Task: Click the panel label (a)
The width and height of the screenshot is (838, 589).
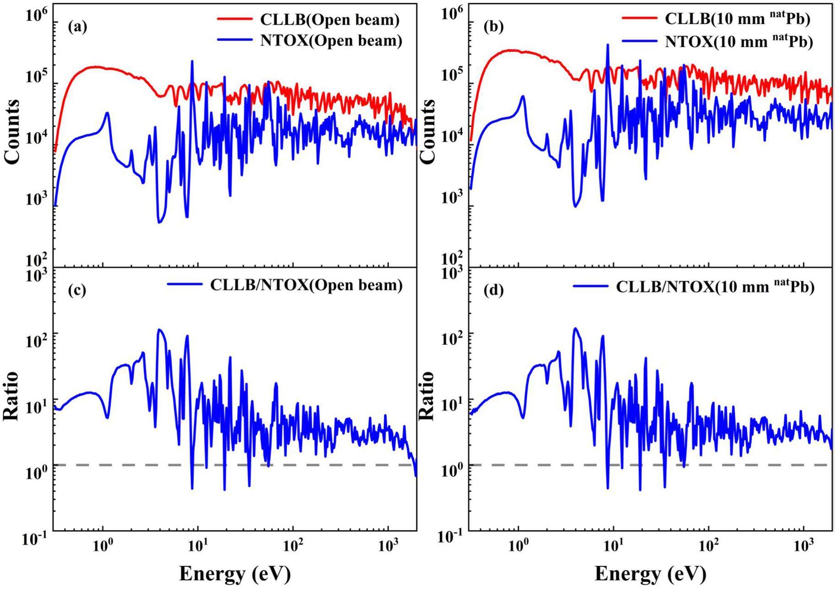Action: [77, 27]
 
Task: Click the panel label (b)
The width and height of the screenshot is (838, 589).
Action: [493, 27]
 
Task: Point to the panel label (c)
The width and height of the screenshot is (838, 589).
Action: [77, 290]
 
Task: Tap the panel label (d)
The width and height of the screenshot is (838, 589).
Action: [493, 290]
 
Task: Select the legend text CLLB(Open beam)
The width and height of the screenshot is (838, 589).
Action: [330, 20]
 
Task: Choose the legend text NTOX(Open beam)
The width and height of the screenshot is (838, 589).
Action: [331, 41]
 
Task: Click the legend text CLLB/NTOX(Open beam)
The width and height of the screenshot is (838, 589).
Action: [306, 285]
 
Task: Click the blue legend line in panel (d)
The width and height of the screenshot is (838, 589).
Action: [590, 287]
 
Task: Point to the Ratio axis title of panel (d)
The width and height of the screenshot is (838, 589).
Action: [426, 396]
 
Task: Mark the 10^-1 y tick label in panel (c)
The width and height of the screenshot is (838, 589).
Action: [35, 539]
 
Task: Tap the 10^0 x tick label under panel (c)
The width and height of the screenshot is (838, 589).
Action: [103, 545]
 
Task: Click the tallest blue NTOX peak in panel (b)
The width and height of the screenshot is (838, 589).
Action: [608, 45]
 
